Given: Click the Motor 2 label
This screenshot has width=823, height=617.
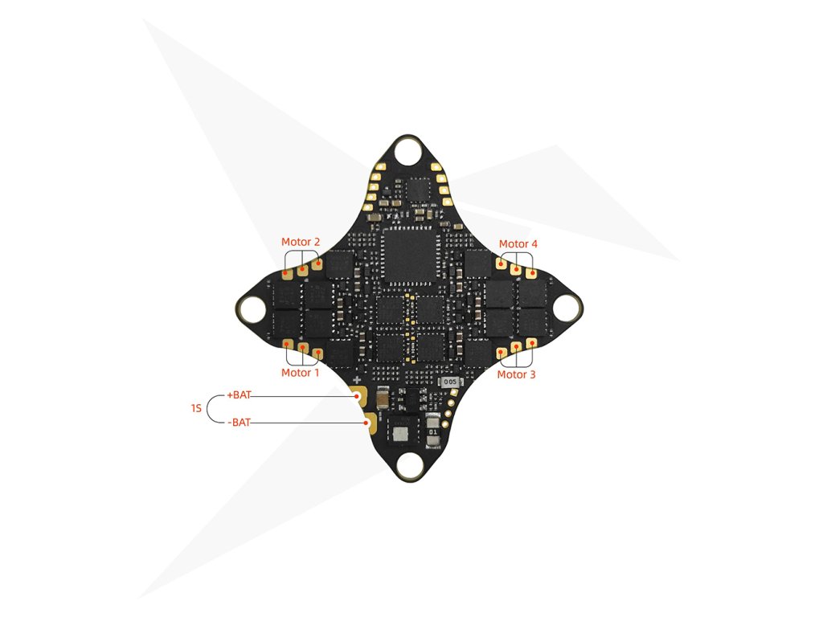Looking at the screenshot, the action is [x=301, y=242].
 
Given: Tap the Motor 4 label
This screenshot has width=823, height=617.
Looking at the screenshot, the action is [x=518, y=244].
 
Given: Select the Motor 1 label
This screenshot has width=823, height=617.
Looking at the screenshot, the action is [x=300, y=373].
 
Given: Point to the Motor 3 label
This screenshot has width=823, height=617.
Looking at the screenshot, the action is [x=517, y=374].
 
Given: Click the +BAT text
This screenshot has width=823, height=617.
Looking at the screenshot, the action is [x=240, y=395].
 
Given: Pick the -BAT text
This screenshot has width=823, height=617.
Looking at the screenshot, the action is [x=239, y=422].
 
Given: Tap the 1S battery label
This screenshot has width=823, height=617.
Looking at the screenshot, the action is [x=195, y=409].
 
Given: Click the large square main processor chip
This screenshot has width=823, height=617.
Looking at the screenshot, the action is [x=411, y=255].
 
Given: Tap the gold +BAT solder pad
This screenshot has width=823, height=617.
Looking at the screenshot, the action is [x=358, y=395].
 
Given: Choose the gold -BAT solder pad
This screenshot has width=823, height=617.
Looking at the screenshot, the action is [x=370, y=422].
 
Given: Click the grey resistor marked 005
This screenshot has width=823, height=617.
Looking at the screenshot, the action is [x=448, y=382].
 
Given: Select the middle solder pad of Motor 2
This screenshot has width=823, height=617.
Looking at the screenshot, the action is [x=303, y=270].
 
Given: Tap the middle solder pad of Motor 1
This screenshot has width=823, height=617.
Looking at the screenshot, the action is [x=304, y=348].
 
